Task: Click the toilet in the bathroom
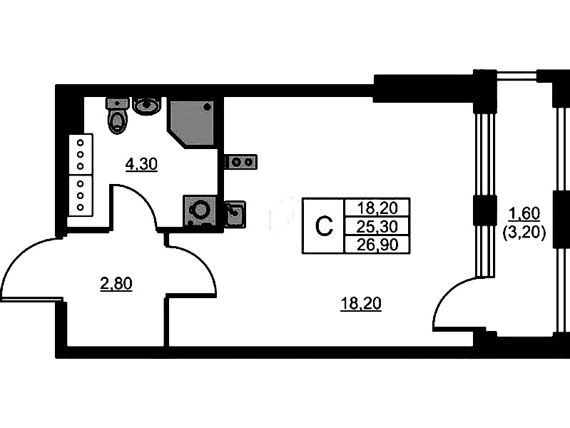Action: point(117,116)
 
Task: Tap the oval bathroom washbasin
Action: point(147,106)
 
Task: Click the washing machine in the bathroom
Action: point(199,211)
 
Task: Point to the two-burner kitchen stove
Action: point(241,162)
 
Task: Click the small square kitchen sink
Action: point(235,213)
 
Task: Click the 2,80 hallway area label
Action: point(116,285)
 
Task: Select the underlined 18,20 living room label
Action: point(361,305)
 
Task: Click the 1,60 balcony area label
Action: point(524,212)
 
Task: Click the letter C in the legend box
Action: point(324,226)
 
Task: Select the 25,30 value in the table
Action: point(377,226)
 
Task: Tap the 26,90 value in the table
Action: point(377,245)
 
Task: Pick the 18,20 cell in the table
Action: point(377,208)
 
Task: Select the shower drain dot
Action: point(208,106)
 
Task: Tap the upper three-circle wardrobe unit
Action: point(81,153)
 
